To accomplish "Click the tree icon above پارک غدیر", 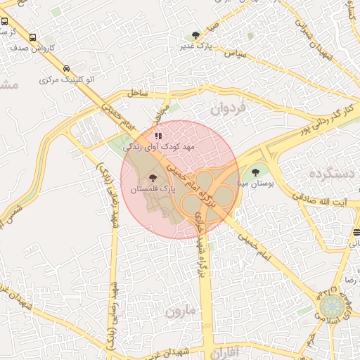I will pyautogui.click(x=195, y=34).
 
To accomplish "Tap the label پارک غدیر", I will pyautogui.click(x=195, y=46).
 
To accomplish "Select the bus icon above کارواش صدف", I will pyautogui.click(x=34, y=38).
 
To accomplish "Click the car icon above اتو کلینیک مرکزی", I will pyautogui.click(x=66, y=69).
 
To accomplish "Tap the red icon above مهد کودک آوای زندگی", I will pyautogui.click(x=158, y=136).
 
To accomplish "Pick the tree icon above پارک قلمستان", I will pyautogui.click(x=153, y=179).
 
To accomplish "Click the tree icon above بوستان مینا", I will pyautogui.click(x=255, y=172).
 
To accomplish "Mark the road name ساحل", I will pyautogui.click(x=138, y=92).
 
